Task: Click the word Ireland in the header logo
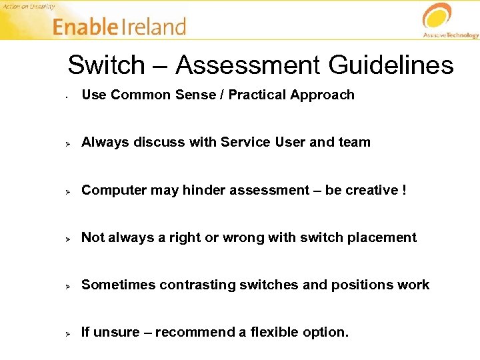(153, 27)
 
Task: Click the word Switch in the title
(106, 65)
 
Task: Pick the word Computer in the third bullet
(113, 190)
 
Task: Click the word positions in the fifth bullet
(359, 285)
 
